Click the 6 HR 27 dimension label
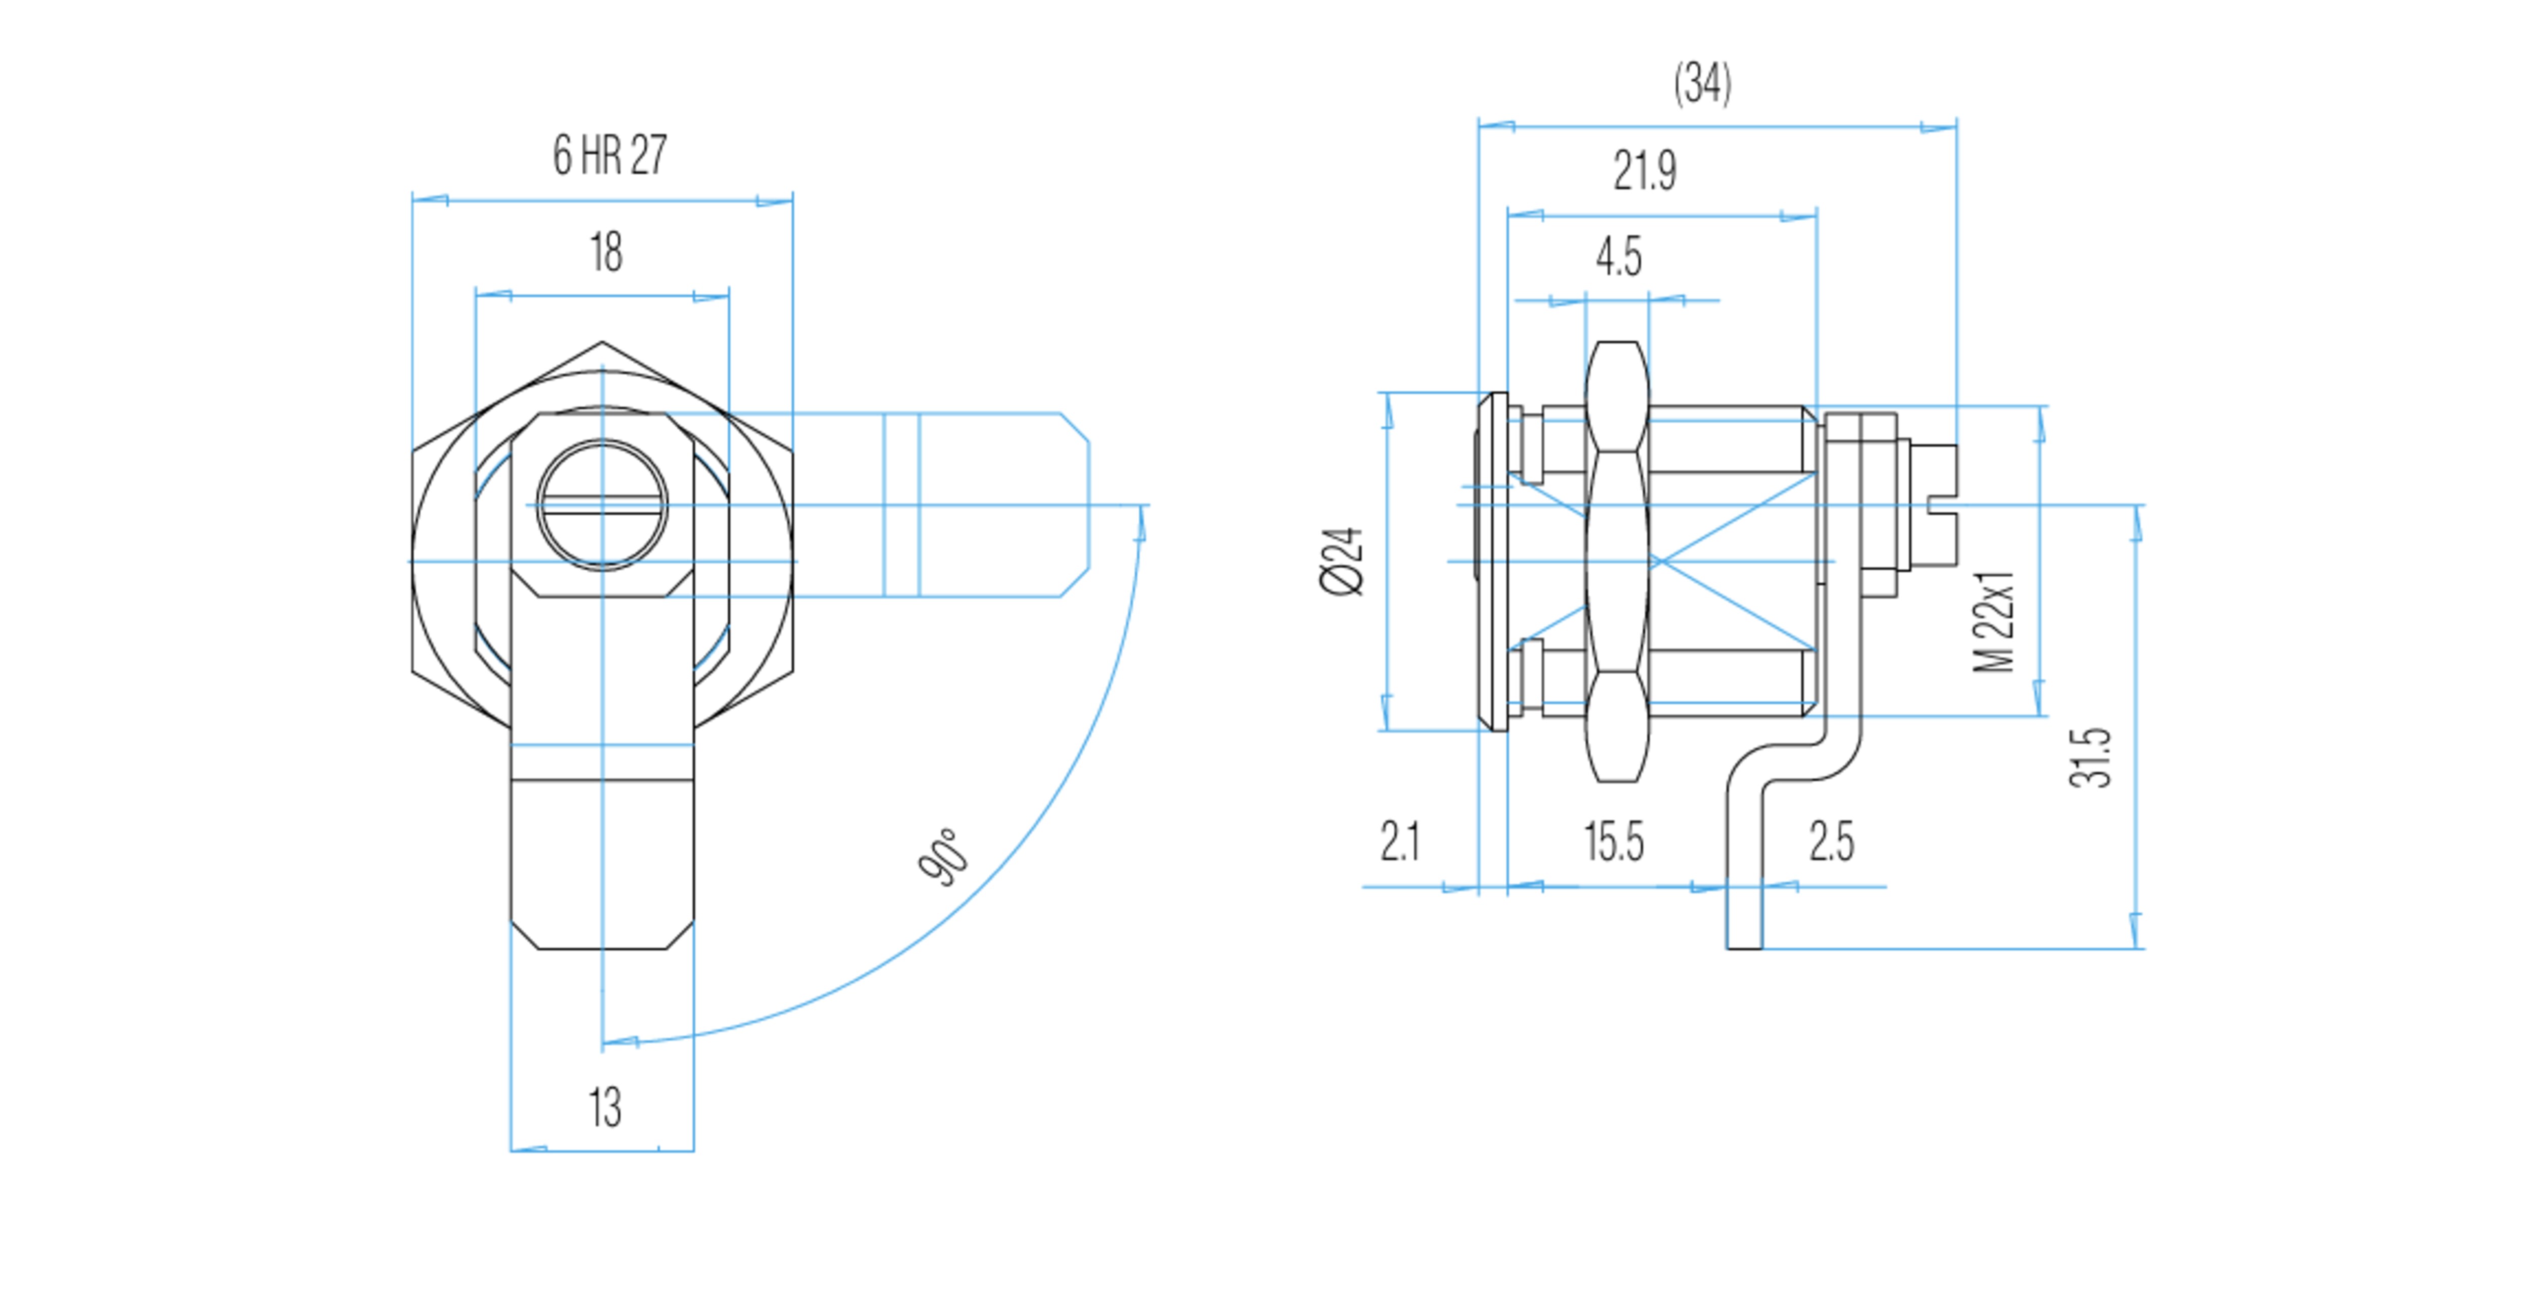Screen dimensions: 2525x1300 pos(610,155)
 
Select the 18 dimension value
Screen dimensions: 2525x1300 pos(606,252)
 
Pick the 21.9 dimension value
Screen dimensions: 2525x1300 pos(1645,171)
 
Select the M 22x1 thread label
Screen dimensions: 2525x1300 pos(1994,622)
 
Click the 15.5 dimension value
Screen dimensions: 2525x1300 pos(1613,841)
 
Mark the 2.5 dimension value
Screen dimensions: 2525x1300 pos(1831,841)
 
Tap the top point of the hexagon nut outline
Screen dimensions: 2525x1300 pos(602,342)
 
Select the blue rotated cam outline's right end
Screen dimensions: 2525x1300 pos(1075,505)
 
